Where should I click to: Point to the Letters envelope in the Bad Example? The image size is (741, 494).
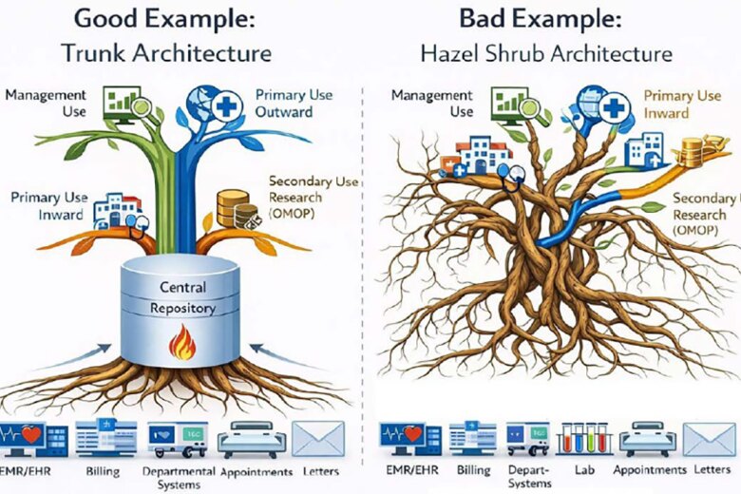(709, 439)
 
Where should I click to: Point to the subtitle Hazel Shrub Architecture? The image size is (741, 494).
(546, 53)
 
